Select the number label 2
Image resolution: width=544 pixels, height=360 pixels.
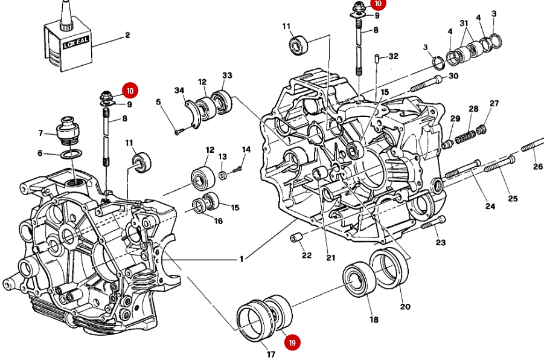tap(127, 35)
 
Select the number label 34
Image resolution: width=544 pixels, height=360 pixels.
tap(179, 91)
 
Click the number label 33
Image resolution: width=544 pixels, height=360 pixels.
tap(227, 76)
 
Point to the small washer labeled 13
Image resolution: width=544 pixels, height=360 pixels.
tap(223, 175)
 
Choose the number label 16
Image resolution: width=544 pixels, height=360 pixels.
tap(218, 221)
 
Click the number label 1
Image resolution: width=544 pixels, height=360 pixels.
tap(241, 260)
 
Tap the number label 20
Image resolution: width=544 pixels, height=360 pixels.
tap(405, 307)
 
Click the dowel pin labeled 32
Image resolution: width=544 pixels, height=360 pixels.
tap(377, 59)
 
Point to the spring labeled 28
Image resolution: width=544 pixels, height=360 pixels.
tap(466, 137)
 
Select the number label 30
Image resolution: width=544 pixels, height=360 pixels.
tap(453, 76)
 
